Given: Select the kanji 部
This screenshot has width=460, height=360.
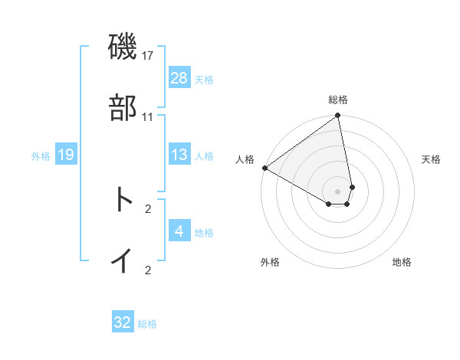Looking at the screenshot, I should click(x=123, y=109).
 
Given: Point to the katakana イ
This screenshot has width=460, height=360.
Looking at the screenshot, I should click(x=123, y=260).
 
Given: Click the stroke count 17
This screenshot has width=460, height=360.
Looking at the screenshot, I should click(x=148, y=57).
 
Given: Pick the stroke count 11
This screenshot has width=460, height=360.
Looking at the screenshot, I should click(x=148, y=116).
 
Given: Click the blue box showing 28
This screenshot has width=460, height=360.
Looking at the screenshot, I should click(x=179, y=78).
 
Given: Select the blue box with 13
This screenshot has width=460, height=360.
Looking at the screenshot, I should click(x=179, y=155).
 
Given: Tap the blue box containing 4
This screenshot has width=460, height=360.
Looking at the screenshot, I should click(x=179, y=231).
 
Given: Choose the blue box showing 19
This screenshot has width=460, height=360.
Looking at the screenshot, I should click(x=66, y=155).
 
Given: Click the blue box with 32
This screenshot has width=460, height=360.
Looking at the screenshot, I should click(x=123, y=322).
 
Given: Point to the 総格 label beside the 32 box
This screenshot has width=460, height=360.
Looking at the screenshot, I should click(x=147, y=324).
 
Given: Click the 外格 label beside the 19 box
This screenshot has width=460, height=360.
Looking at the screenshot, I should click(x=41, y=156).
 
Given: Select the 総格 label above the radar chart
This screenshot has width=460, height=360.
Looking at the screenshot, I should click(x=338, y=100).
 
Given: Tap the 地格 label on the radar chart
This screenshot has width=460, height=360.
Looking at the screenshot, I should click(x=402, y=262).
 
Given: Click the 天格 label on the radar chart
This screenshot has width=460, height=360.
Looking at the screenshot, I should click(x=431, y=159).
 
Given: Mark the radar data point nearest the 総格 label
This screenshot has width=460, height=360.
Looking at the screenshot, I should click(x=338, y=116).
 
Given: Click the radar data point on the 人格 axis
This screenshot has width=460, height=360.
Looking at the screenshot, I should click(x=264, y=168).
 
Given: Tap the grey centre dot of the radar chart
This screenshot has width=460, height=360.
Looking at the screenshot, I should click(x=338, y=191).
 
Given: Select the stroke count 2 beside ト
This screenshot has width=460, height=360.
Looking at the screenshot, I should click(x=148, y=208).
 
